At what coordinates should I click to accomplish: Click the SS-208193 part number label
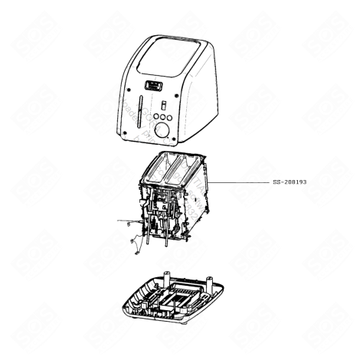(x=295, y=184)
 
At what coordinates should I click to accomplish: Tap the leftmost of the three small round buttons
(x=155, y=117)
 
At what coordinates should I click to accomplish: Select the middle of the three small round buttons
(x=162, y=117)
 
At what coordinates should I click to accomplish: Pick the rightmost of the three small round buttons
(x=169, y=117)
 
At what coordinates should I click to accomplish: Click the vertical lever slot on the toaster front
(x=139, y=117)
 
